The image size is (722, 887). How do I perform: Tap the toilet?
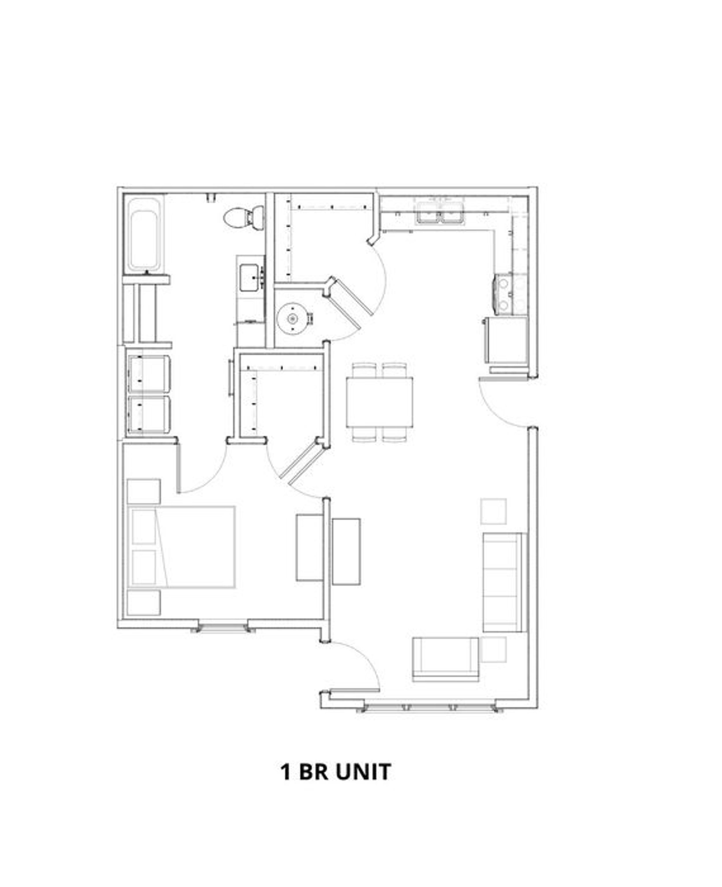click(245, 217)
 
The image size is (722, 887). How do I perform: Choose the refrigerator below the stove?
click(506, 340)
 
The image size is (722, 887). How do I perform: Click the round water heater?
click(293, 319)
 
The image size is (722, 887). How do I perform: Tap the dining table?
click(379, 402)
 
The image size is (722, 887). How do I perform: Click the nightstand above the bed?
click(144, 491)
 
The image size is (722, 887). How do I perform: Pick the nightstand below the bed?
click(144, 602)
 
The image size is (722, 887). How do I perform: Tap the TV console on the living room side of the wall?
click(346, 552)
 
